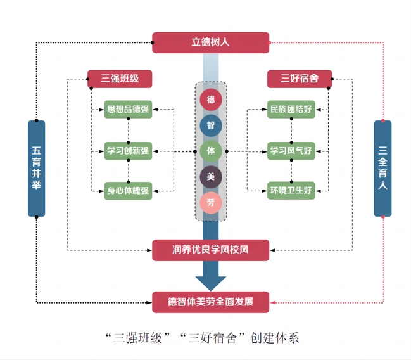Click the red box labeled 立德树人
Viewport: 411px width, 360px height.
[211, 42]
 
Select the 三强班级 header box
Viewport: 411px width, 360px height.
[120, 79]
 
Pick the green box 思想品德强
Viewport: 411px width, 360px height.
[129, 109]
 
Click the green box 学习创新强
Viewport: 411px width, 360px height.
[129, 151]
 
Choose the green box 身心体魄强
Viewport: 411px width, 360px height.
[129, 190]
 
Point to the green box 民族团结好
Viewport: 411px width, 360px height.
[291, 109]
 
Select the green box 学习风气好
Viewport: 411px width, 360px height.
[291, 151]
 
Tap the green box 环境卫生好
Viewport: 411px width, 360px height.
[291, 190]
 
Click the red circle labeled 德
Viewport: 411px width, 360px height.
[210, 100]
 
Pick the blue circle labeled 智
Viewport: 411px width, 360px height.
[210, 125]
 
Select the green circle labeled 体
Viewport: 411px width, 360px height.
[210, 151]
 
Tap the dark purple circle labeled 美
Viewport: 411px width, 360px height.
[210, 177]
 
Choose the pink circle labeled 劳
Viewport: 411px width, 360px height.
[210, 203]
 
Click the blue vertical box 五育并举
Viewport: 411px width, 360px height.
[37, 168]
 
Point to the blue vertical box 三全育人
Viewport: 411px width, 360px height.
[383, 168]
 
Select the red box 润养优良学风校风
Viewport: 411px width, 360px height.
[211, 250]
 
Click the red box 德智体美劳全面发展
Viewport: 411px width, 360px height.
[211, 302]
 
